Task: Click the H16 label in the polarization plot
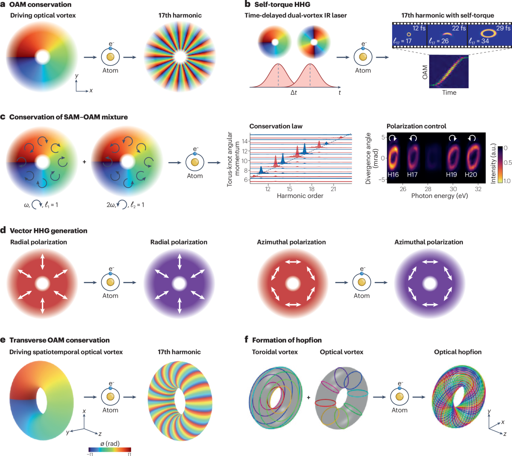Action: tap(393, 174)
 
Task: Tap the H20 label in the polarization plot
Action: tap(471, 174)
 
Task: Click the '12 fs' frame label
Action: tap(419, 28)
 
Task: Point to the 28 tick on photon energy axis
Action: tap(428, 189)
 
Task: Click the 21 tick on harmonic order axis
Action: tap(333, 189)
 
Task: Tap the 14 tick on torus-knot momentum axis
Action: tap(245, 141)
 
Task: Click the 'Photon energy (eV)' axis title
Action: tap(439, 196)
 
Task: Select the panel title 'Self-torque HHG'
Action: tap(282, 4)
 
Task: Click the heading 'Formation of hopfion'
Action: tap(287, 340)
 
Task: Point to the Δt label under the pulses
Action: tap(294, 93)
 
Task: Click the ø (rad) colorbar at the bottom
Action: tap(110, 450)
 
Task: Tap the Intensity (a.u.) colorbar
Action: tap(500, 164)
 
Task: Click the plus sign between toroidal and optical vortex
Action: tap(308, 398)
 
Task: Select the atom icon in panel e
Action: tap(111, 396)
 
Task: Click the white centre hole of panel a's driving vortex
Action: tap(42, 57)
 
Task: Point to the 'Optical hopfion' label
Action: tap(457, 352)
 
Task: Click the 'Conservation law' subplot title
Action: tap(276, 126)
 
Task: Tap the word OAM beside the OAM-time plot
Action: tap(425, 72)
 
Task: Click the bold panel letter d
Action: tap(3, 230)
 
